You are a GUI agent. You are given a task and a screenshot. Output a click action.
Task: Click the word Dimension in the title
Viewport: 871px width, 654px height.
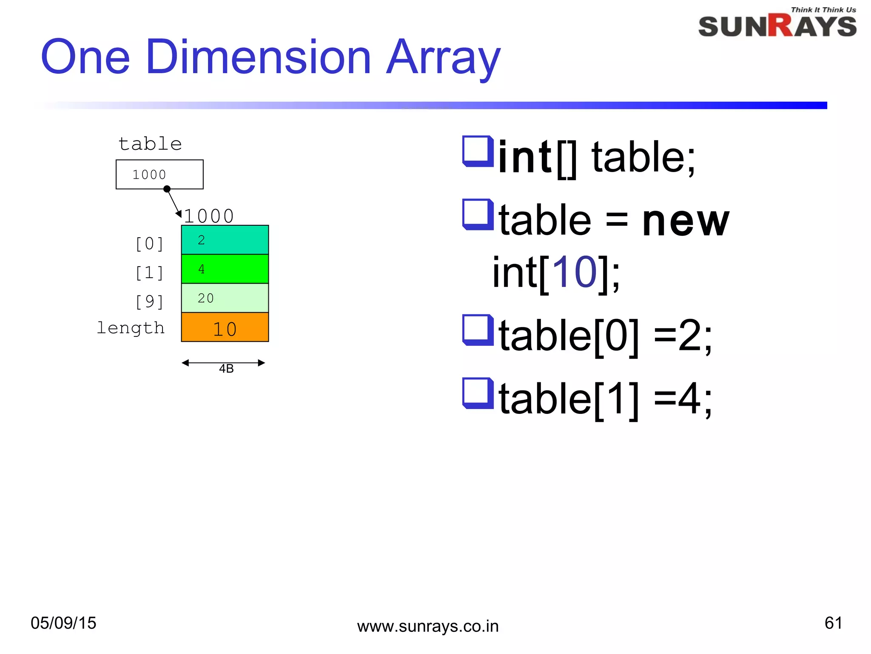[258, 57]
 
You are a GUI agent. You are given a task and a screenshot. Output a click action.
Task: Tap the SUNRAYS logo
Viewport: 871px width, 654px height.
[777, 26]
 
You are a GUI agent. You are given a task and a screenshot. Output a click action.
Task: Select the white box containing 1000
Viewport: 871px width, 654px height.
[159, 174]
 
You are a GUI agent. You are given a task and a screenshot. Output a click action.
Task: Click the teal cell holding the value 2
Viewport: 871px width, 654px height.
[225, 240]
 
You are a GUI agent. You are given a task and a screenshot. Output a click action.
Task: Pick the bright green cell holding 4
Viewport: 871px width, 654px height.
[225, 269]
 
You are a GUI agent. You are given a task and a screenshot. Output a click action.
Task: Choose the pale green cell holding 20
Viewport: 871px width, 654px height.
[225, 298]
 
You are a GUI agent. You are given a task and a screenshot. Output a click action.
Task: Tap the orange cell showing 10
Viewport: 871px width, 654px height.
[225, 328]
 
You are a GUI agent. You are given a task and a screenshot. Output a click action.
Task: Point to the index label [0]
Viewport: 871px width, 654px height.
[149, 244]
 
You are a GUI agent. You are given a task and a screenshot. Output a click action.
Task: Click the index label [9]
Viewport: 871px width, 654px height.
[149, 301]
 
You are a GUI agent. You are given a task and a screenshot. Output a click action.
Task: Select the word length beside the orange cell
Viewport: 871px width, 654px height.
[131, 328]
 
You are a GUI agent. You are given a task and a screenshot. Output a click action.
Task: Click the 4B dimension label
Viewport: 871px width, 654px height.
[226, 368]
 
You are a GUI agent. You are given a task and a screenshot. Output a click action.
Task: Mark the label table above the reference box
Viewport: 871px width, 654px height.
[150, 144]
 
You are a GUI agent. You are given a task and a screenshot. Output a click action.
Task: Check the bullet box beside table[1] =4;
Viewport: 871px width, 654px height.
[478, 393]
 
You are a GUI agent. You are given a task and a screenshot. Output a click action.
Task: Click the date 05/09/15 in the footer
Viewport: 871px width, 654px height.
[63, 623]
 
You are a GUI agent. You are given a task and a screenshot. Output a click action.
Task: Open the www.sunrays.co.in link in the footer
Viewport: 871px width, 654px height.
[428, 626]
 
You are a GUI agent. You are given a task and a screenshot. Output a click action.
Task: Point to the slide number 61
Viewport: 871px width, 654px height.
[833, 623]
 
